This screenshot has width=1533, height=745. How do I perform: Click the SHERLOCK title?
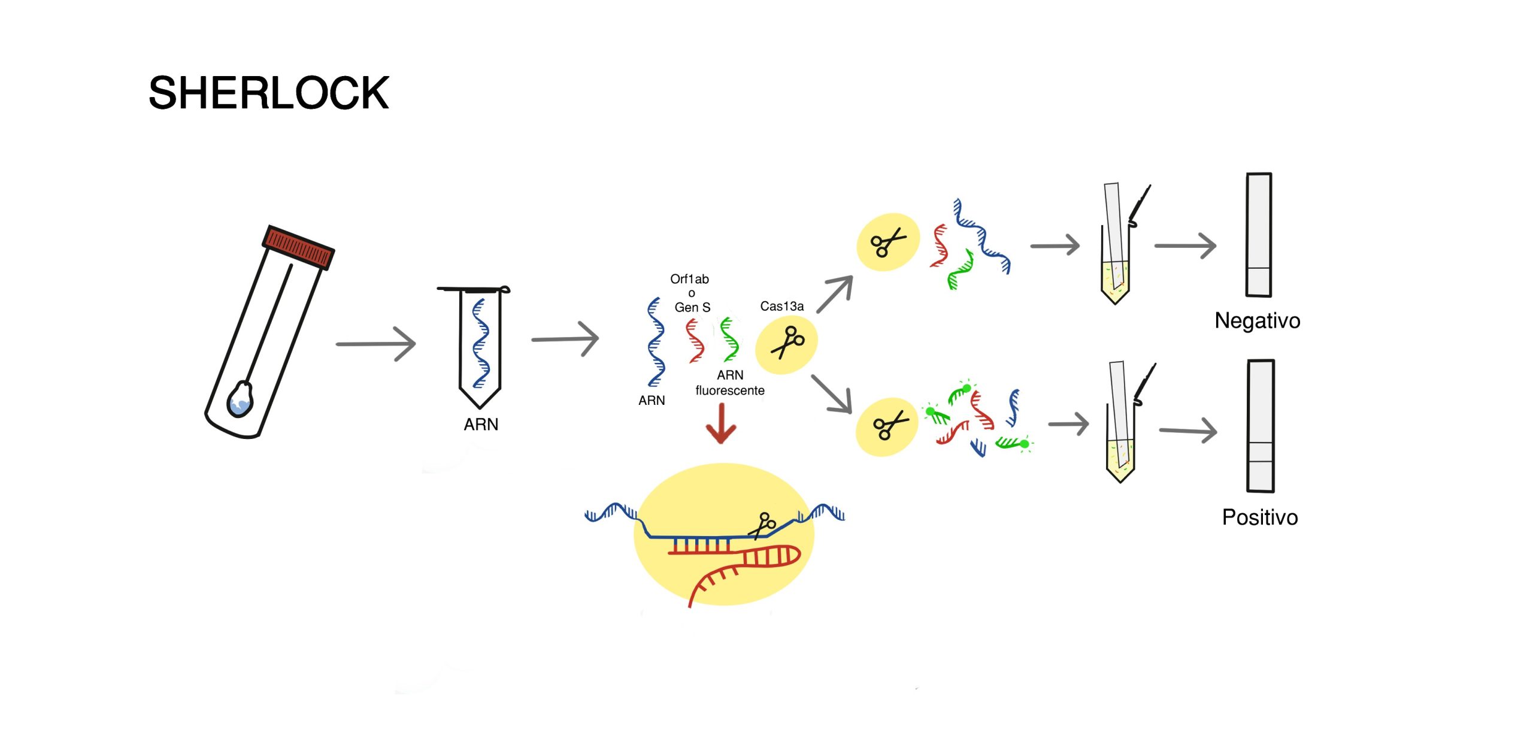coord(268,93)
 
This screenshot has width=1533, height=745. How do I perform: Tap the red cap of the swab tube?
coord(298,247)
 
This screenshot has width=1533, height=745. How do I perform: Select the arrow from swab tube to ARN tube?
coord(376,344)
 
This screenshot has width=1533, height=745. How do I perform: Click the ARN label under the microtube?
coord(480,424)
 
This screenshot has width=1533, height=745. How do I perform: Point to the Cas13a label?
coord(781,306)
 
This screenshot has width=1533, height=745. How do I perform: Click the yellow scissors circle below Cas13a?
coord(786,344)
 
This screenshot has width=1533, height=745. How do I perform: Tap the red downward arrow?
coord(721,424)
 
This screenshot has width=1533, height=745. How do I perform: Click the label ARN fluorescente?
coord(730,383)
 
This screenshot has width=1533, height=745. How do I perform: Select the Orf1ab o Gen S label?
coord(690,293)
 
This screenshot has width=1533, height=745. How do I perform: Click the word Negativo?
coord(1257,320)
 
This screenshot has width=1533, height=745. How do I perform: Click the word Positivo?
coord(1259,517)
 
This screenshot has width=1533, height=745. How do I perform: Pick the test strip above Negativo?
coord(1259,235)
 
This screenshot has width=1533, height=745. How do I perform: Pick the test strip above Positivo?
coord(1261,426)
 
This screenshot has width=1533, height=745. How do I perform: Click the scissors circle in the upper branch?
coord(887,242)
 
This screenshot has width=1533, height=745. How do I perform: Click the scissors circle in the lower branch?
coord(887,426)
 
